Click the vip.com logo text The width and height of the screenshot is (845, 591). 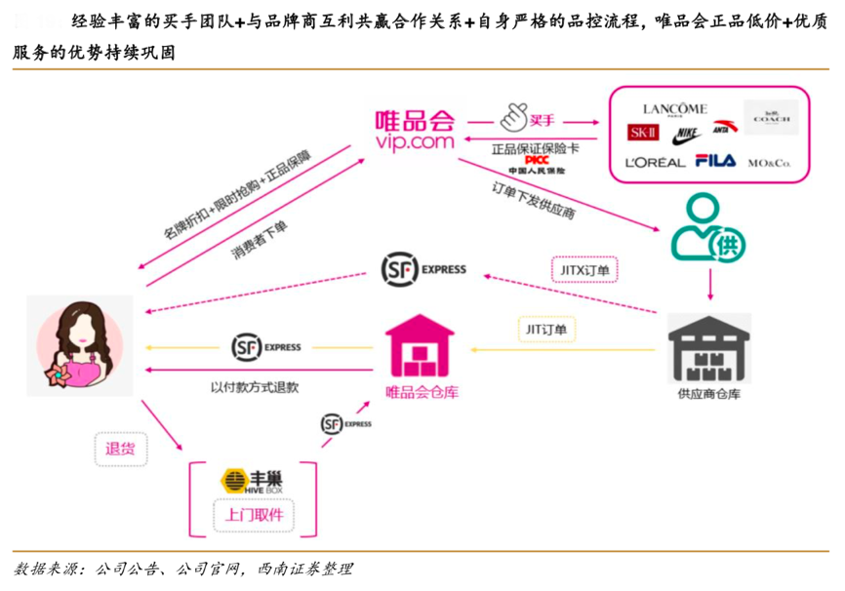[x=415, y=142]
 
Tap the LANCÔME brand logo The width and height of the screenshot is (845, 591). [x=674, y=109]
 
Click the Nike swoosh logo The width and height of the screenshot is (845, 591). [x=688, y=133]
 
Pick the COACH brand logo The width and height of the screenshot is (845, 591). [x=771, y=117]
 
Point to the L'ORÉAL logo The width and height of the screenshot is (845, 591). [x=656, y=162]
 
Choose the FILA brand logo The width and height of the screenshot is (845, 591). [x=715, y=161]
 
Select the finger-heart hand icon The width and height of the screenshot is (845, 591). [x=513, y=119]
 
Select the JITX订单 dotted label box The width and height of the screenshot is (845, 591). [x=585, y=267]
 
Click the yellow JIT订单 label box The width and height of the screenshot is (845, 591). [x=544, y=330]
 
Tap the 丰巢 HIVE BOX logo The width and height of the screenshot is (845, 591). [x=253, y=482]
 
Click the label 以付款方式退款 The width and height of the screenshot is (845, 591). [x=255, y=387]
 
